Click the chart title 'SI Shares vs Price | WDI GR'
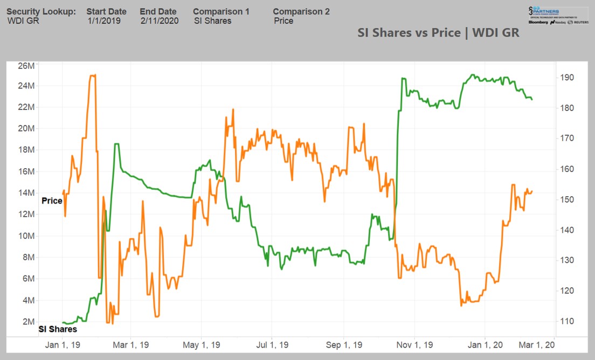click(438, 32)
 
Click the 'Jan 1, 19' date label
click(63, 345)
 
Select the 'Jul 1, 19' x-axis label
click(272, 345)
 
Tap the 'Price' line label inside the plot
click(52, 200)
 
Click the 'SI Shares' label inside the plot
click(58, 329)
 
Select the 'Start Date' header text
click(106, 11)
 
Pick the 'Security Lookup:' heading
click(41, 11)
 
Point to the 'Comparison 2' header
click(301, 11)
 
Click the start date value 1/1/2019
click(104, 21)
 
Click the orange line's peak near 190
click(93, 75)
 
